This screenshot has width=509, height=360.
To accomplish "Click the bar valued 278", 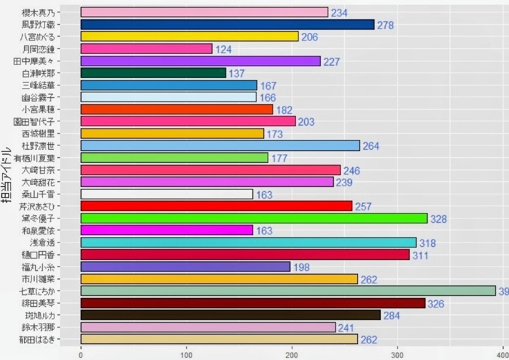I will click(x=228, y=24).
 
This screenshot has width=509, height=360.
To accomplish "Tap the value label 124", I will click(x=223, y=49).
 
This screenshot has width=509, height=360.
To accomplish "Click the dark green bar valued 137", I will click(x=153, y=73).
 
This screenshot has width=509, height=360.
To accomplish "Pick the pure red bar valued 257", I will click(x=217, y=206).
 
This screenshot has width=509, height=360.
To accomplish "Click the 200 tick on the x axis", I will click(x=292, y=353).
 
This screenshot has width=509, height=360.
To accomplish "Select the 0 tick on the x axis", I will click(x=81, y=353).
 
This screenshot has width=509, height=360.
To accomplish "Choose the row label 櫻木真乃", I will click(x=41, y=12).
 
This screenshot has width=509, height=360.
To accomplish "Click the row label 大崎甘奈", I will click(x=41, y=170).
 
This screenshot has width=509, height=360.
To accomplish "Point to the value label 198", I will click(x=301, y=267).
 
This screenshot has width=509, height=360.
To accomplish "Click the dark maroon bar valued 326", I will click(x=253, y=303).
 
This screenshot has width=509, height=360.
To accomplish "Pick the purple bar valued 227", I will click(x=201, y=61).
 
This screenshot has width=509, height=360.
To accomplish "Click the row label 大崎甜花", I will click(x=41, y=182).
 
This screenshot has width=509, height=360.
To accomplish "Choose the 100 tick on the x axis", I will click(x=186, y=353).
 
